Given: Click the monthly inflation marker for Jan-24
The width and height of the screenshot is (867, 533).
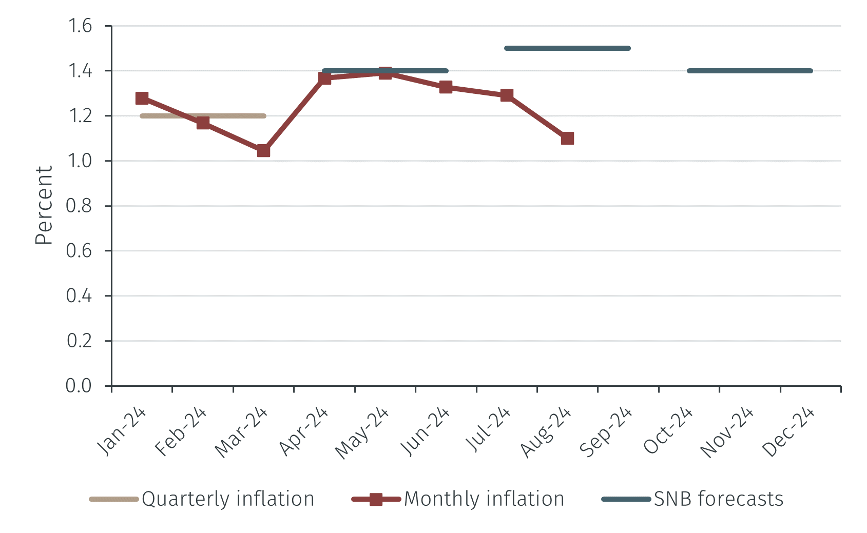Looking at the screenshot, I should click(x=142, y=98).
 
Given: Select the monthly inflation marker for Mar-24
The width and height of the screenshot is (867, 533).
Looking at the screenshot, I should click(x=263, y=151).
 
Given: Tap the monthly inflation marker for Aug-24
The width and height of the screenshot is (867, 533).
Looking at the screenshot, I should click(x=567, y=139).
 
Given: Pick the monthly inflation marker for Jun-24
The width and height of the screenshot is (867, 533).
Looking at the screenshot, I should click(x=446, y=87).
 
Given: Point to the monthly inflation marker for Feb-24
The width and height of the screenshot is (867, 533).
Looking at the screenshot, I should click(x=203, y=123).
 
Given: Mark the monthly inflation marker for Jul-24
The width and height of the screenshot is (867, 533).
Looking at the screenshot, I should click(x=507, y=95).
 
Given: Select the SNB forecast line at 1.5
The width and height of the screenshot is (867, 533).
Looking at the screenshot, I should click(x=567, y=48).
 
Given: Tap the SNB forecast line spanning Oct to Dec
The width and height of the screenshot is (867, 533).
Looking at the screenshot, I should click(x=749, y=71).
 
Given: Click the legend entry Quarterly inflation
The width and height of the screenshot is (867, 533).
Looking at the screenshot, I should click(x=227, y=499).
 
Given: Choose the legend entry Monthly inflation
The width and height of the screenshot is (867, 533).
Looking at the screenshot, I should click(x=484, y=499).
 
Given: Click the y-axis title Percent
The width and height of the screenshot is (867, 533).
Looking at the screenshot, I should click(x=44, y=205).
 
